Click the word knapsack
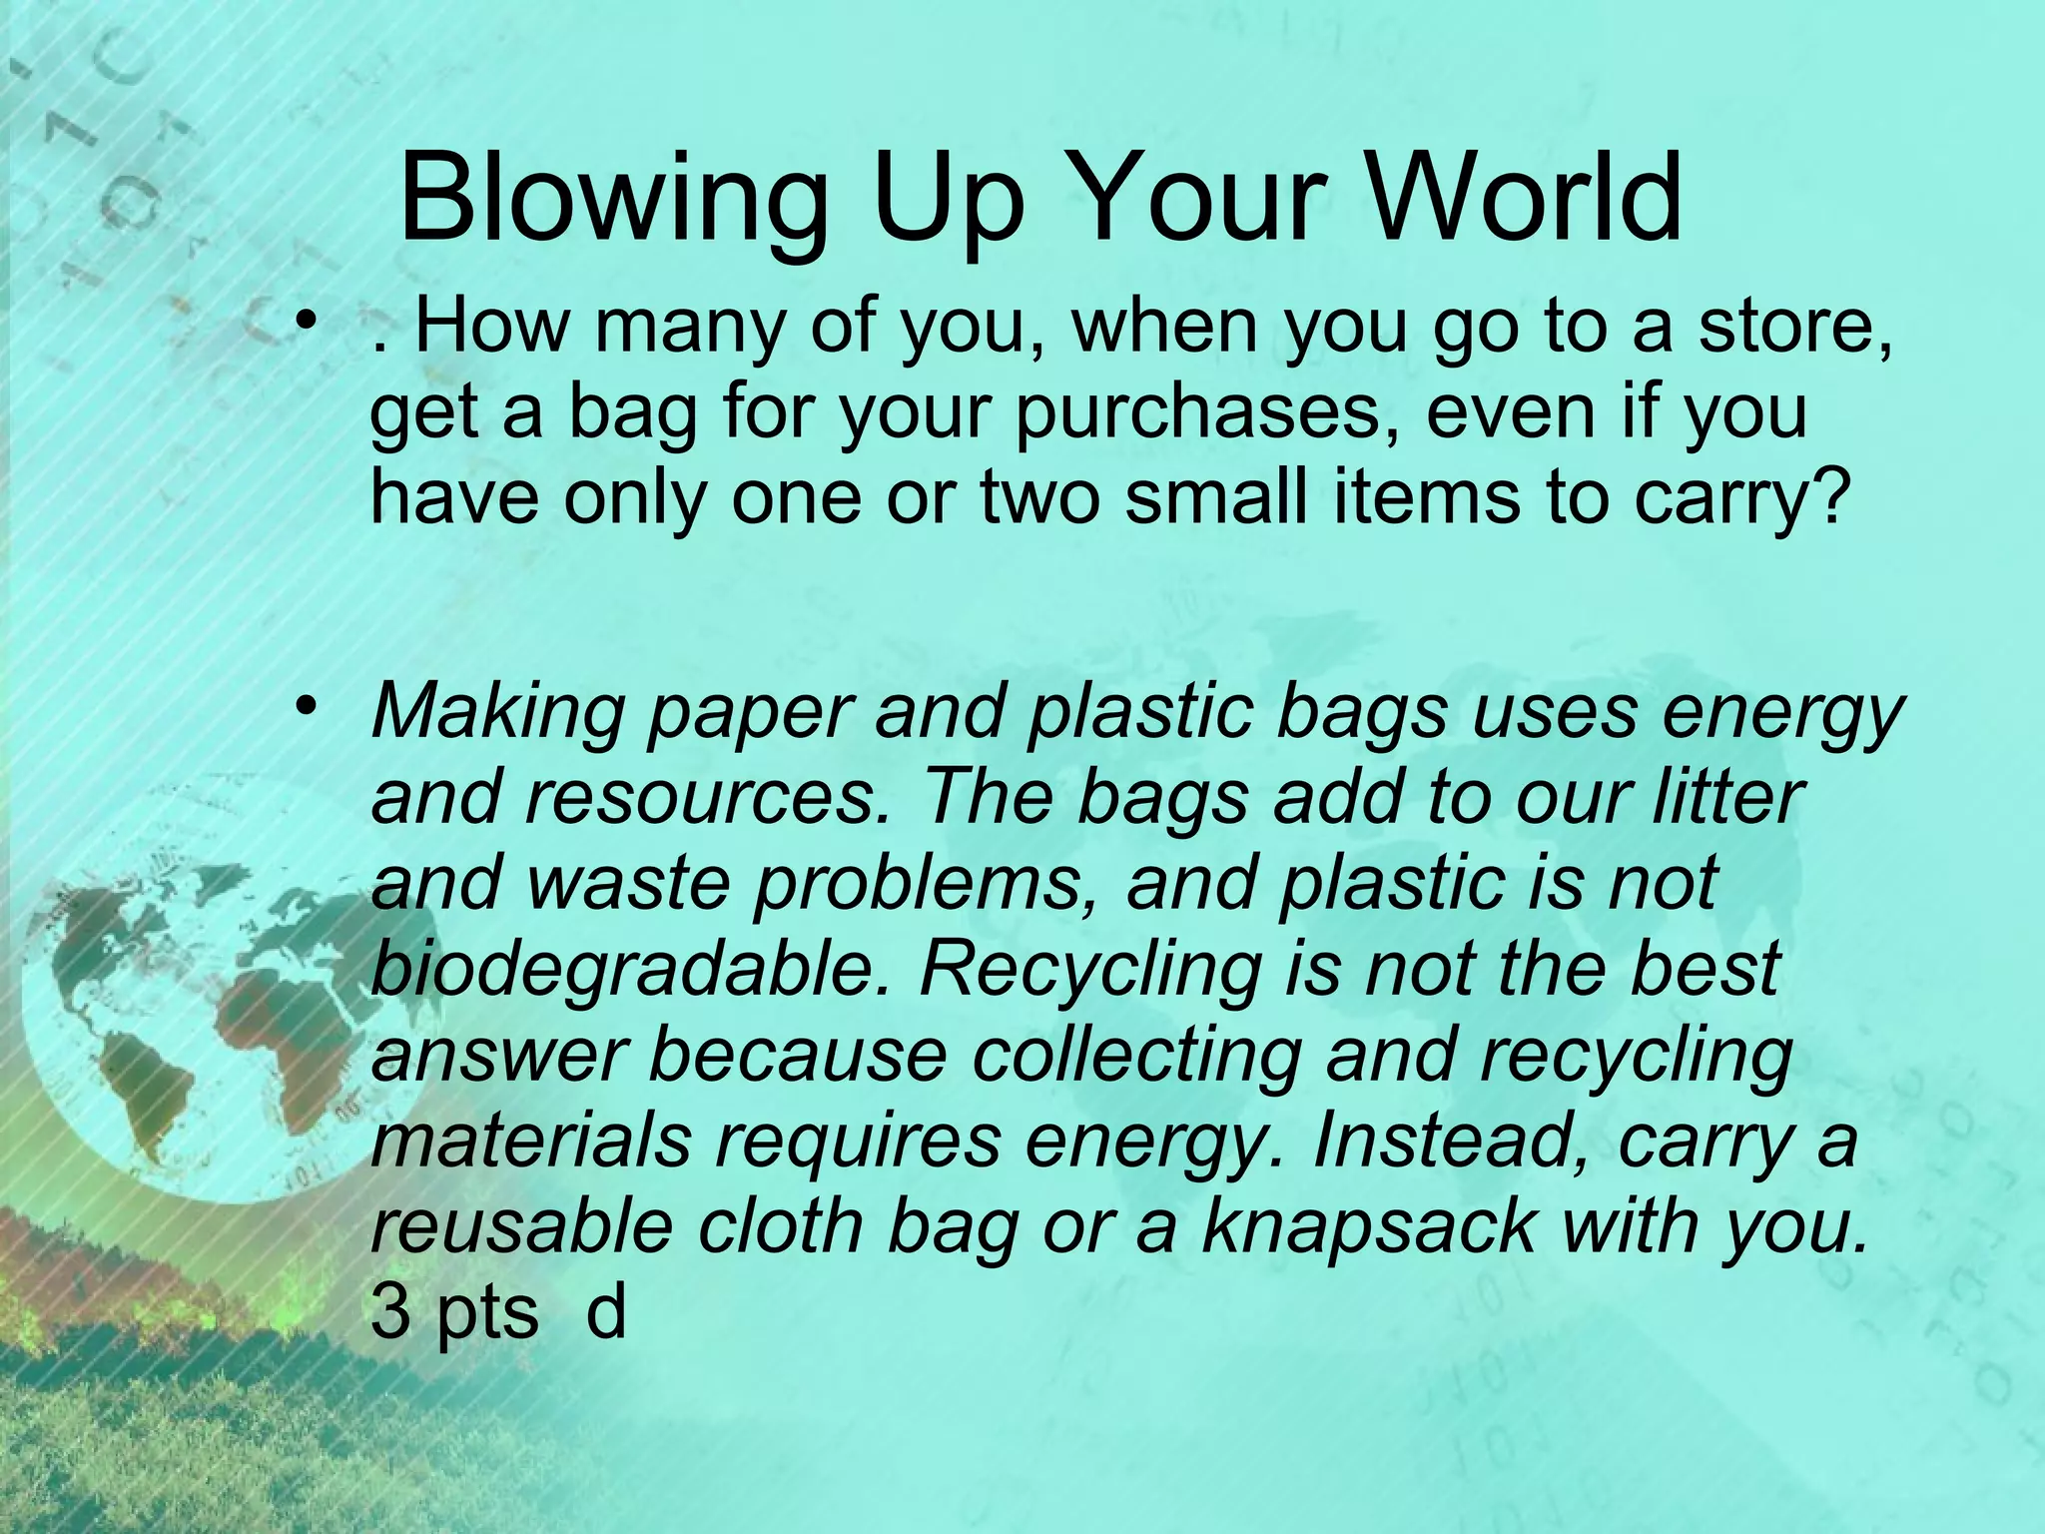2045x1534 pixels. [x=1369, y=1226]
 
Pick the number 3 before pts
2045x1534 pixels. [x=390, y=1313]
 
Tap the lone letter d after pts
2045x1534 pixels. [x=605, y=1311]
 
